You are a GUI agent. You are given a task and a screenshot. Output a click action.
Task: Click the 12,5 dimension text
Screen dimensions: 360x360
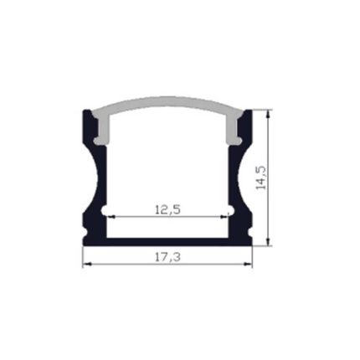[168, 210]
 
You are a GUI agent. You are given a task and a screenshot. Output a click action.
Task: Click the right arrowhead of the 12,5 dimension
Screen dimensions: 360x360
[227, 217]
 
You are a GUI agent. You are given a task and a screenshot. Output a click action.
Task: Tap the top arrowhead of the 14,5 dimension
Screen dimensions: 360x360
[269, 113]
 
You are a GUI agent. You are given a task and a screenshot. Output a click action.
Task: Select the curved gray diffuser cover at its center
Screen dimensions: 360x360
[168, 111]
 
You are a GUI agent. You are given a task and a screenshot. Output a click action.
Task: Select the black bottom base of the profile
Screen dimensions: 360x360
[168, 241]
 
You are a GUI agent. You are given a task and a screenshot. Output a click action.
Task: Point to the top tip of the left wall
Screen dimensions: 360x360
[88, 111]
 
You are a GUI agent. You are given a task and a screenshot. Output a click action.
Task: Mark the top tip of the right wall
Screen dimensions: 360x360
[249, 111]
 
